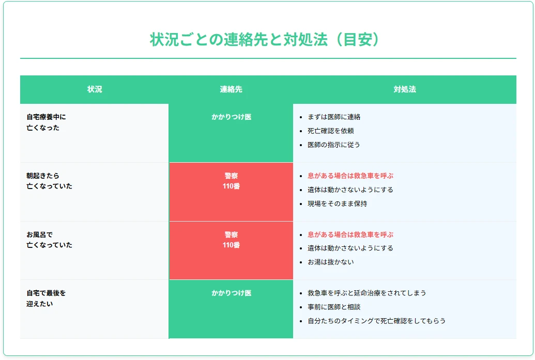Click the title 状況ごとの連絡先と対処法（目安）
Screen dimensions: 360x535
click(x=268, y=40)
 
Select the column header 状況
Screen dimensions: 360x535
click(x=95, y=89)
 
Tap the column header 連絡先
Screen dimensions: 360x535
click(x=231, y=89)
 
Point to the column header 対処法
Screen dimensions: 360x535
click(x=405, y=89)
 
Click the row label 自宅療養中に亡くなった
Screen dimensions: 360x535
click(x=47, y=122)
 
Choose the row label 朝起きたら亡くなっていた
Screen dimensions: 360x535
click(x=49, y=181)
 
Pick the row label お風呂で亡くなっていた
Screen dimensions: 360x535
click(x=49, y=240)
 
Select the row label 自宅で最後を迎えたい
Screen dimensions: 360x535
click(x=47, y=299)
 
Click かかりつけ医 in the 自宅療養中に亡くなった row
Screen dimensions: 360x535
click(x=231, y=117)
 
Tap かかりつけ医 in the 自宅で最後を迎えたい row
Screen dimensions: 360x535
click(x=231, y=293)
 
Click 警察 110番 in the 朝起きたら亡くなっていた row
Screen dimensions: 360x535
click(x=231, y=181)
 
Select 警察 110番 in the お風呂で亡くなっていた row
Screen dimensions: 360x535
click(x=231, y=240)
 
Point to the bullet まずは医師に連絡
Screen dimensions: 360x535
click(x=334, y=117)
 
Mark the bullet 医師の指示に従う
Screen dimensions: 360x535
click(x=334, y=145)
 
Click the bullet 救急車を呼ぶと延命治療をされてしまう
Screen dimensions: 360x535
click(x=367, y=293)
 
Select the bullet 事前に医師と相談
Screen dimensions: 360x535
click(x=334, y=307)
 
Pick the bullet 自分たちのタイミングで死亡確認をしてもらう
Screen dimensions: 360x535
click(x=376, y=321)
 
